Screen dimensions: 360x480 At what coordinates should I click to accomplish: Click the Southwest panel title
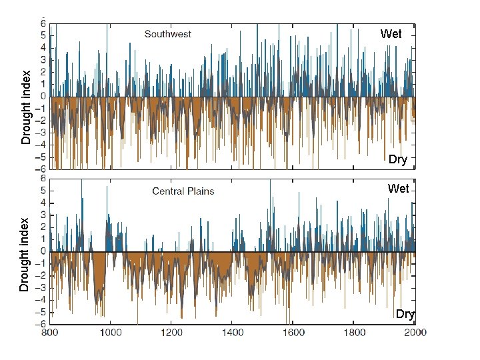[167, 34]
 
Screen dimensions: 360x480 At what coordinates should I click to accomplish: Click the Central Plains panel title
[183, 191]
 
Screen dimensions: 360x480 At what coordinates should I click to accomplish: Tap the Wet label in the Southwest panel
[391, 33]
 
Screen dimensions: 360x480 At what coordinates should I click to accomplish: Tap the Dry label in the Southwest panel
[397, 159]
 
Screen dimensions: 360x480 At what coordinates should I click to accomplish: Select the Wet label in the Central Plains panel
[398, 189]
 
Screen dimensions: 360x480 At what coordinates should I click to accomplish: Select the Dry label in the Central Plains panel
[405, 314]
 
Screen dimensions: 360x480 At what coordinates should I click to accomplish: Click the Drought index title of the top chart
[26, 107]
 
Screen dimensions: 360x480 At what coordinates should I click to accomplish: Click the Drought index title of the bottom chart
[25, 254]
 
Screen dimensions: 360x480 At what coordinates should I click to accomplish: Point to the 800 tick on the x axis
[49, 331]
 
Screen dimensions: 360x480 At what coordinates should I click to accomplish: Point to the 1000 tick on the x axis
[110, 331]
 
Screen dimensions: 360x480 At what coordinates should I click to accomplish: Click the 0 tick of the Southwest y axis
[43, 97]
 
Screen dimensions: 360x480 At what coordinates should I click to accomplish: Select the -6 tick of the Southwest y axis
[41, 169]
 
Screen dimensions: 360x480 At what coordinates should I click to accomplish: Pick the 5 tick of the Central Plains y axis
[43, 191]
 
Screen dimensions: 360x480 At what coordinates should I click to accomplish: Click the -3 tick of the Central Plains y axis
[41, 288]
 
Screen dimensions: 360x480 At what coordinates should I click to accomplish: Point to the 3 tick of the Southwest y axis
[43, 60]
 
